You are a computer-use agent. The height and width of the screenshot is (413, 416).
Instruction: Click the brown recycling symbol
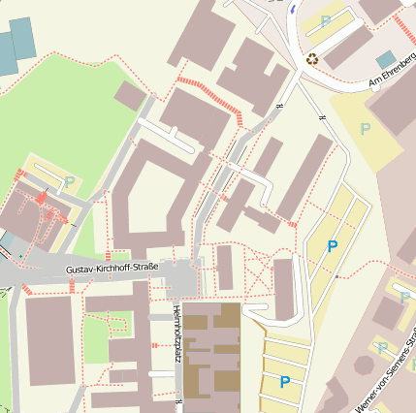point(312,58)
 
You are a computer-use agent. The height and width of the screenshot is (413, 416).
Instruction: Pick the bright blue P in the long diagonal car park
point(333,246)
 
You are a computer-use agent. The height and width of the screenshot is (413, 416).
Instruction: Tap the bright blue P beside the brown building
point(284,382)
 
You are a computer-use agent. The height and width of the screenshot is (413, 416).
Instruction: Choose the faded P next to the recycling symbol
point(326,20)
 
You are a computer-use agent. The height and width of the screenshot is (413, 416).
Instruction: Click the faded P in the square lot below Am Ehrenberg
point(366,128)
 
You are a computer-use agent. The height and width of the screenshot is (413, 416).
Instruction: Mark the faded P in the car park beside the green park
point(70,180)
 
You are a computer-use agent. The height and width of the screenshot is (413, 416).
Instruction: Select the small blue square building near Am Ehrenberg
point(386,59)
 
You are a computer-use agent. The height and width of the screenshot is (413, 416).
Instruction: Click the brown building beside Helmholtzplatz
point(211,359)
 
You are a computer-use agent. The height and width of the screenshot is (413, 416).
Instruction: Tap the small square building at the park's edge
point(129,95)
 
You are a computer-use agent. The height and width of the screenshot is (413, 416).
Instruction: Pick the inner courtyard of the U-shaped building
point(150,194)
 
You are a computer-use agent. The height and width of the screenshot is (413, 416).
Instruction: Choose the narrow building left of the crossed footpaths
point(225,268)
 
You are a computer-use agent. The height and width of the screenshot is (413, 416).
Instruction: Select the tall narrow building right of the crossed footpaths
point(283,289)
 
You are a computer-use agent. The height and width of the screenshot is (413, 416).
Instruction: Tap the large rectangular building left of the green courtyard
point(49,339)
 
